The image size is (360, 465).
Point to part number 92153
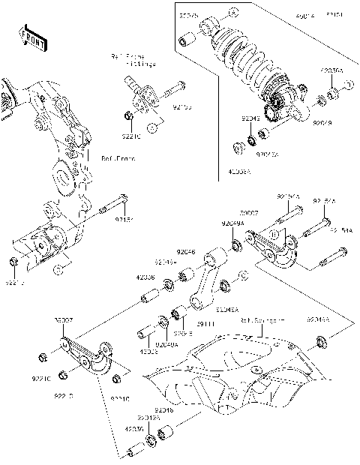182,108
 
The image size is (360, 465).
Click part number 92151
124,220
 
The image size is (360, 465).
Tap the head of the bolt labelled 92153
182,83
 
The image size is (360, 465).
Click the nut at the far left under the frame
14,262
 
